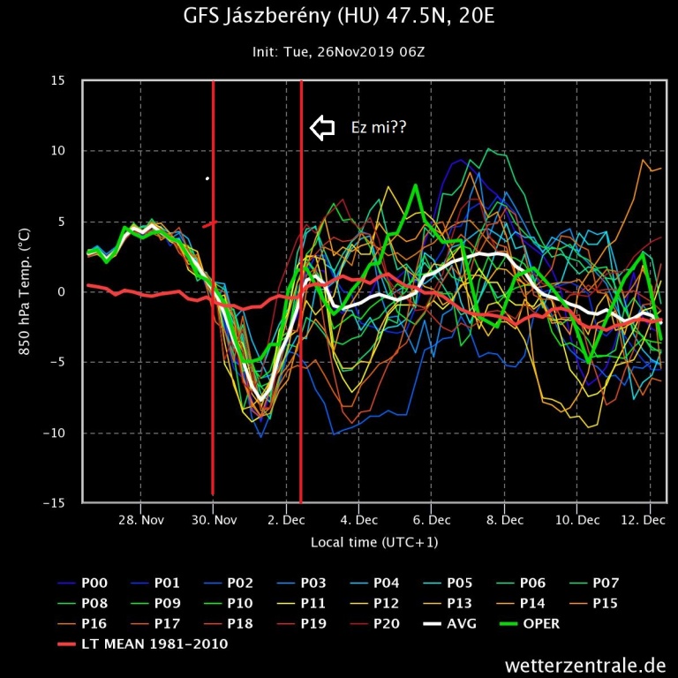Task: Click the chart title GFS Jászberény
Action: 338,17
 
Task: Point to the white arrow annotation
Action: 322,128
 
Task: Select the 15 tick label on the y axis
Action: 57,81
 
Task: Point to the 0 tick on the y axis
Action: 62,292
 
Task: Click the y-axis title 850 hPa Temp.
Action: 24,291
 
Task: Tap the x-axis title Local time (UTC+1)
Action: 373,541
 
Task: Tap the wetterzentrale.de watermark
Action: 585,665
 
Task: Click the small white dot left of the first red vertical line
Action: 207,178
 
